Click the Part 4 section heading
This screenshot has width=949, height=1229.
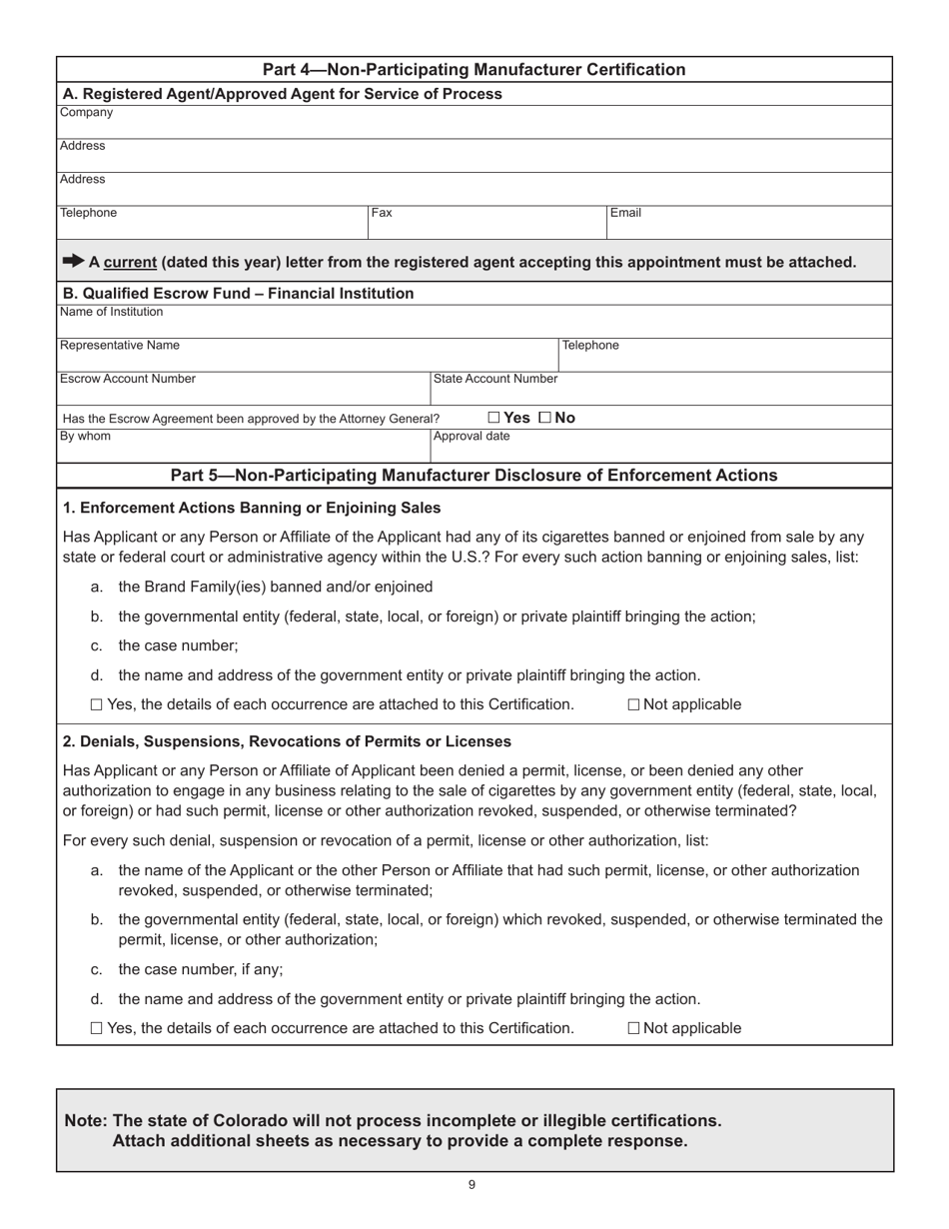click(474, 69)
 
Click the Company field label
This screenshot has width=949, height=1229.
click(86, 113)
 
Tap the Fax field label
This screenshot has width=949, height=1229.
click(382, 213)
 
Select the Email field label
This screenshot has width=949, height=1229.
click(625, 213)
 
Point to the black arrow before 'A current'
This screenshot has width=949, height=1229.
click(74, 261)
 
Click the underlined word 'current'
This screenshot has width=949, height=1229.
click(130, 263)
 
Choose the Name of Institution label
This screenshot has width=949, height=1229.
click(111, 312)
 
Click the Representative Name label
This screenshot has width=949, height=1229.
click(120, 346)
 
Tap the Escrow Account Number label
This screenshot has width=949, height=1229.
click(128, 379)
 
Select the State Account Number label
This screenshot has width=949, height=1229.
click(494, 379)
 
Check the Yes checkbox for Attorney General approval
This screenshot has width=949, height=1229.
click(494, 418)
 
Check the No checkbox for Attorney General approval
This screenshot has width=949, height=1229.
click(544, 418)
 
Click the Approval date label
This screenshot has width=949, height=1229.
click(471, 437)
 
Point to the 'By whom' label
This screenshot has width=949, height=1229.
click(86, 437)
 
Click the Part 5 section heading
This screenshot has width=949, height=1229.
click(474, 475)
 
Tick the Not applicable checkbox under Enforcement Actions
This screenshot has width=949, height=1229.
click(634, 704)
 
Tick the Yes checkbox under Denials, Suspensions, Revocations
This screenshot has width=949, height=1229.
click(96, 1028)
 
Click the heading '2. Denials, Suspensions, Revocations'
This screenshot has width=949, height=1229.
click(287, 741)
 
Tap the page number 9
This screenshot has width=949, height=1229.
click(472, 1185)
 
